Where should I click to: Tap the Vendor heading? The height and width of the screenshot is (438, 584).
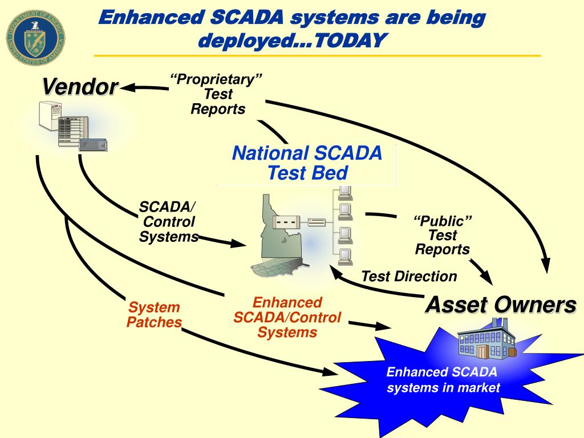[80, 87]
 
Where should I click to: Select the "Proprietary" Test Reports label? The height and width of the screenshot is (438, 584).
[217, 94]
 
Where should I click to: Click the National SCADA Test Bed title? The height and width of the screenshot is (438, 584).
[307, 163]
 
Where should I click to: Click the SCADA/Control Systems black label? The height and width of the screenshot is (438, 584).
[168, 222]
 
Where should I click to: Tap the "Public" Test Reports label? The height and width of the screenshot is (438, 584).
[443, 235]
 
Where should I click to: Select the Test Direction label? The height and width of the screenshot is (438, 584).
[409, 277]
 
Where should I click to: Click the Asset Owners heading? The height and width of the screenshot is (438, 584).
[500, 305]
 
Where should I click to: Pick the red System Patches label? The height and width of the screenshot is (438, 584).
[154, 315]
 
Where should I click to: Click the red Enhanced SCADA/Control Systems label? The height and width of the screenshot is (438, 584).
[287, 318]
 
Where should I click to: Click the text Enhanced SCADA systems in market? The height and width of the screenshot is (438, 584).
[443, 380]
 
